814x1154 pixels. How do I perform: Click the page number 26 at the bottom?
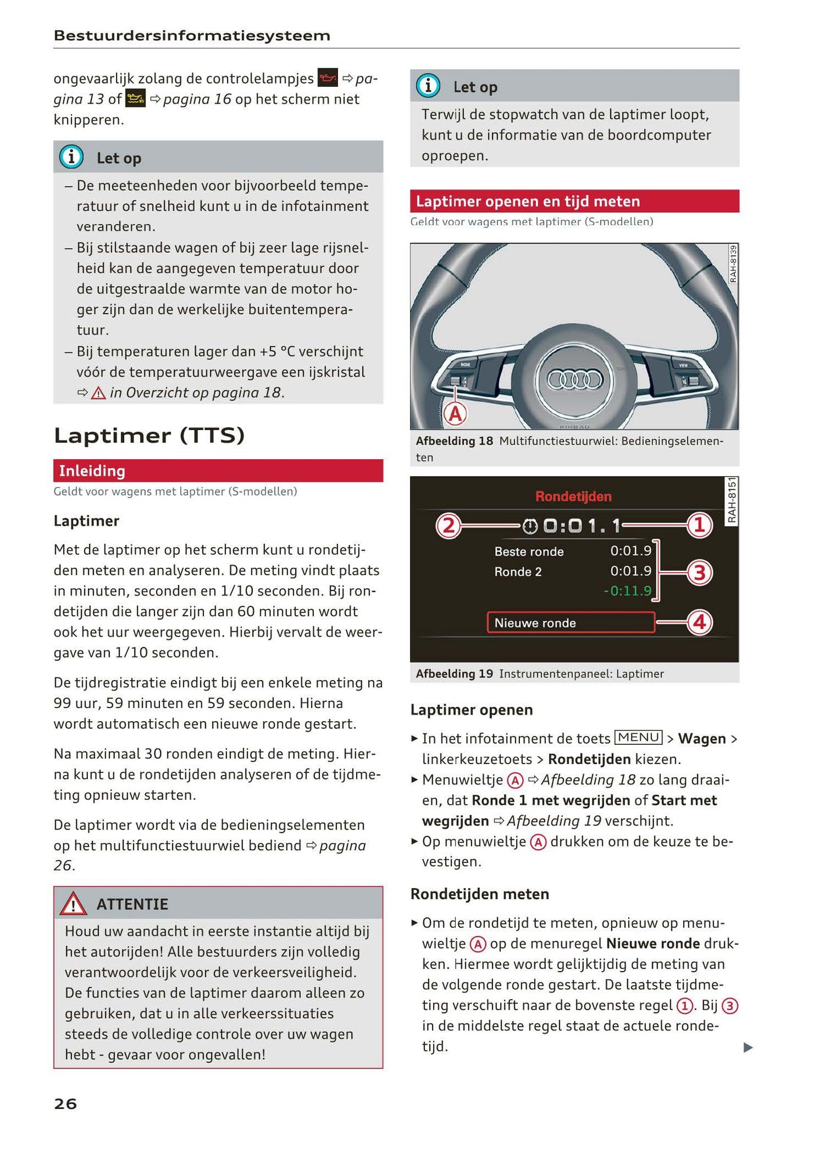pyautogui.click(x=65, y=1104)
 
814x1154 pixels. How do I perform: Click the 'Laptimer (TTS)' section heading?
pyautogui.click(x=149, y=436)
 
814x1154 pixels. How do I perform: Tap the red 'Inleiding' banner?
pyautogui.click(x=218, y=471)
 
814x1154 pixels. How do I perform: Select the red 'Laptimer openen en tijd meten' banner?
pyautogui.click(x=574, y=202)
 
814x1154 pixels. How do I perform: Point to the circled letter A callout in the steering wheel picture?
pyautogui.click(x=455, y=414)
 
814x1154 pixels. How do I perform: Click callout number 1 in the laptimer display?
pyautogui.click(x=699, y=526)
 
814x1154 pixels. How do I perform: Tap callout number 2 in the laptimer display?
pyautogui.click(x=448, y=526)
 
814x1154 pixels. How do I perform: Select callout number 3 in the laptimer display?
pyautogui.click(x=699, y=572)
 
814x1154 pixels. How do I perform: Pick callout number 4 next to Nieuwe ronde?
pyautogui.click(x=699, y=623)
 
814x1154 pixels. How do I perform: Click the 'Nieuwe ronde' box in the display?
pyautogui.click(x=571, y=623)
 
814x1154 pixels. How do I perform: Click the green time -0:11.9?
pyautogui.click(x=627, y=591)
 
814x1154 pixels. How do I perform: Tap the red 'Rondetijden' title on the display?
pyautogui.click(x=573, y=497)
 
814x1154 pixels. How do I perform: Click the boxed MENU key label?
pyautogui.click(x=638, y=737)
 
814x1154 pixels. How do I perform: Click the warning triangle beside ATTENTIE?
pyautogui.click(x=73, y=905)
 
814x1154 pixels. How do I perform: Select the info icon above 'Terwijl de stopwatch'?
pyautogui.click(x=428, y=86)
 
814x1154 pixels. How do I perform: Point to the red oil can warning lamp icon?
pyautogui.click(x=328, y=78)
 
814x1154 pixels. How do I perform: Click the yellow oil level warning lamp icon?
pyautogui.click(x=136, y=99)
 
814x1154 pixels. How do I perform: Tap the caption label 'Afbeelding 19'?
pyautogui.click(x=454, y=674)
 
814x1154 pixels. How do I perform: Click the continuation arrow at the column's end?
pyautogui.click(x=748, y=1048)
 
